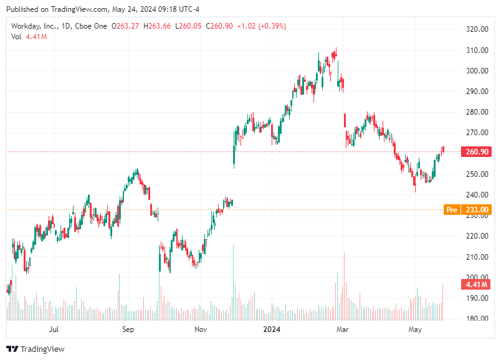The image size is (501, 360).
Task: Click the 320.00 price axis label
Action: point(476,29)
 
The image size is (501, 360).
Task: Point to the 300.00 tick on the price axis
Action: point(476,70)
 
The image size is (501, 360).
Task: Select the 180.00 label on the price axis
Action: point(476,319)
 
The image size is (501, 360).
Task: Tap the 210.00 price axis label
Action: point(476,257)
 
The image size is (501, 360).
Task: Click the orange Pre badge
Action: point(451,210)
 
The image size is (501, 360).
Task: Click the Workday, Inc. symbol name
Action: point(34,26)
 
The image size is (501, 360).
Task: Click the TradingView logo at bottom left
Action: point(36,349)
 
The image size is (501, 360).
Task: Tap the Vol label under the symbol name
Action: point(17,37)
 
